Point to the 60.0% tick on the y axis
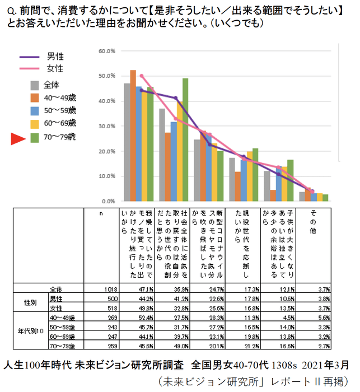106,51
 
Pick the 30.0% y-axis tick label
106,127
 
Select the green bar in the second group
185,139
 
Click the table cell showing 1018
110,290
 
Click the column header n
101,213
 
